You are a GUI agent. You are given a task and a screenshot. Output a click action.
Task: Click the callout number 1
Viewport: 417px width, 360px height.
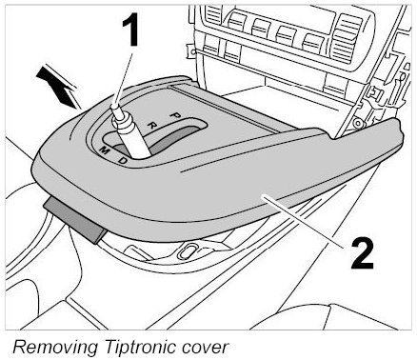point(129,31)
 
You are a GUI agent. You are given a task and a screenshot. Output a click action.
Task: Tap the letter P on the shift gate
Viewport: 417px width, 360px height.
point(174,115)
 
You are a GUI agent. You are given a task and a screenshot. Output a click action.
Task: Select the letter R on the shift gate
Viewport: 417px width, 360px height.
point(153,125)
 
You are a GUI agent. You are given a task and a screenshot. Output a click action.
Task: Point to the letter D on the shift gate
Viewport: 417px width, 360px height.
point(123,161)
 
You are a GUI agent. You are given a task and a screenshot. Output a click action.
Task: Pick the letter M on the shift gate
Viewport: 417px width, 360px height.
point(105,150)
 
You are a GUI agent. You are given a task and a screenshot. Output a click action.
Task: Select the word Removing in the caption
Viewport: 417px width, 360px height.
point(55,347)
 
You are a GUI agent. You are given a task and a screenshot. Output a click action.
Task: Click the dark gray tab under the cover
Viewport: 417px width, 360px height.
point(75,219)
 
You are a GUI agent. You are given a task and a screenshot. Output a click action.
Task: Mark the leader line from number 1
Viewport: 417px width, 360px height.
point(124,78)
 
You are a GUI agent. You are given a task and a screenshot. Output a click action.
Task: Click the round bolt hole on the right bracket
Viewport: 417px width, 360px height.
point(358,123)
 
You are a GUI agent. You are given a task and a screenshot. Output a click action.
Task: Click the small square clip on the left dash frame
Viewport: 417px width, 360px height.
point(192,51)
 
